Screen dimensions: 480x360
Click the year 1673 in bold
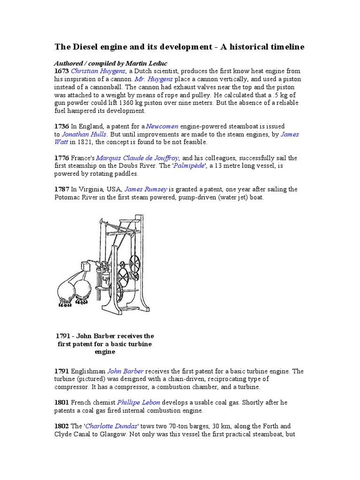coord(61,71)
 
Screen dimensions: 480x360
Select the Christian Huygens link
coord(98,71)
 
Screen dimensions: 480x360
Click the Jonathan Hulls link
coord(84,134)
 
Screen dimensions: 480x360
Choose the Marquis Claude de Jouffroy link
coord(137,158)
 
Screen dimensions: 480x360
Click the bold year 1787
coord(61,189)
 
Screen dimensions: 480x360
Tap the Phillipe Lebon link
coord(138,402)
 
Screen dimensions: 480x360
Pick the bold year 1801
coord(61,402)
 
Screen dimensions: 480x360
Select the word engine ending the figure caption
coord(105,352)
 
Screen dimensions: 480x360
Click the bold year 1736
coord(61,126)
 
